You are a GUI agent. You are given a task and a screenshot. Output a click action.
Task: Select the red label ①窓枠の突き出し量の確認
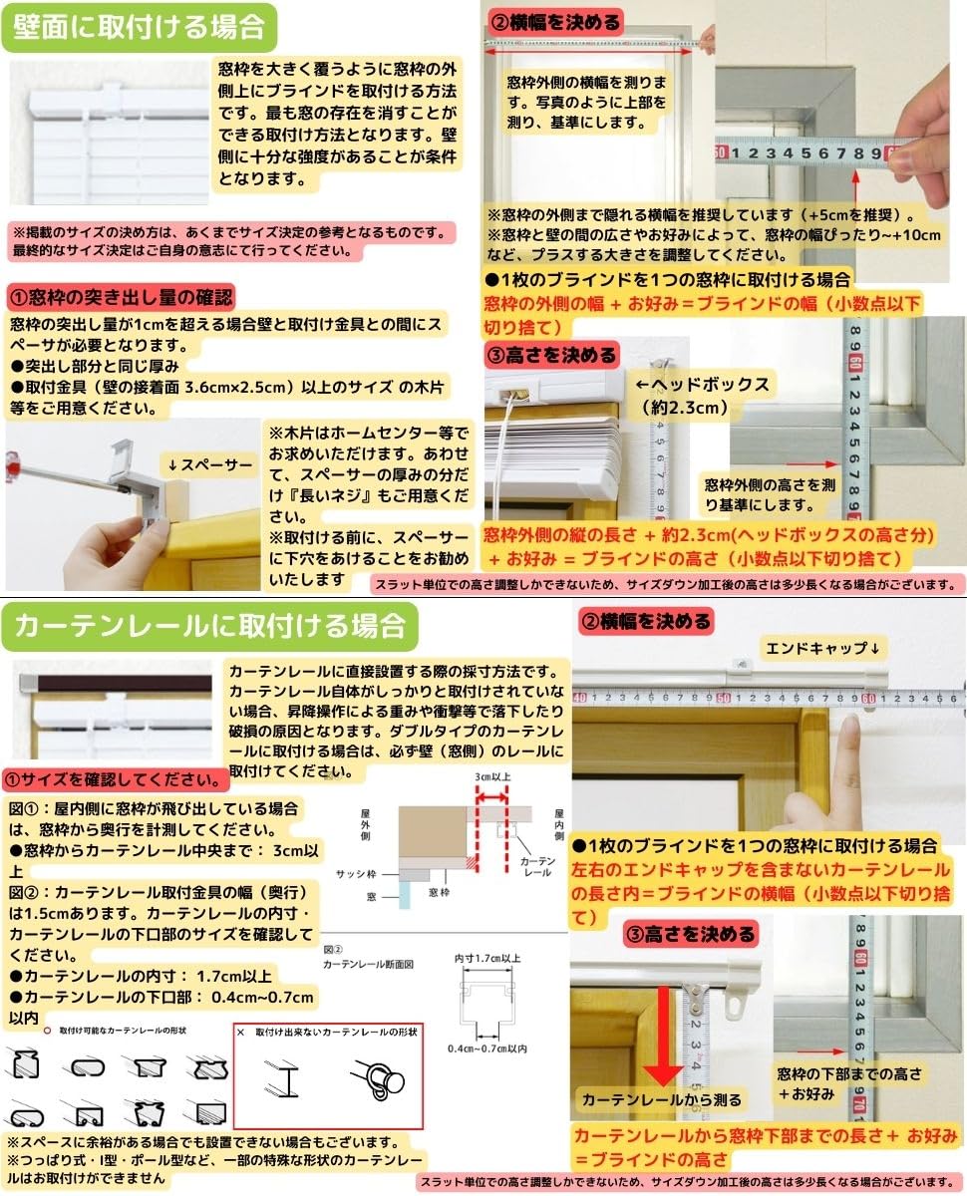(121, 296)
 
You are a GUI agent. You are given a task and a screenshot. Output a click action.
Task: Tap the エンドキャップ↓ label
(819, 647)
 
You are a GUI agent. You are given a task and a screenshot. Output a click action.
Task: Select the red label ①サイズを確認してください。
(112, 777)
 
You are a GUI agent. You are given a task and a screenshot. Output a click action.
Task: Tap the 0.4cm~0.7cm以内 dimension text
(487, 1048)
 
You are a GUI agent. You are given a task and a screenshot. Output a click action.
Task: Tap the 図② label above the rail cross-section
(333, 951)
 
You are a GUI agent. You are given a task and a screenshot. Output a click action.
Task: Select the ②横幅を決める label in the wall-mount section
(552, 21)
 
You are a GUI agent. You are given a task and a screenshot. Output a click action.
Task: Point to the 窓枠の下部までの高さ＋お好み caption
(850, 1083)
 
